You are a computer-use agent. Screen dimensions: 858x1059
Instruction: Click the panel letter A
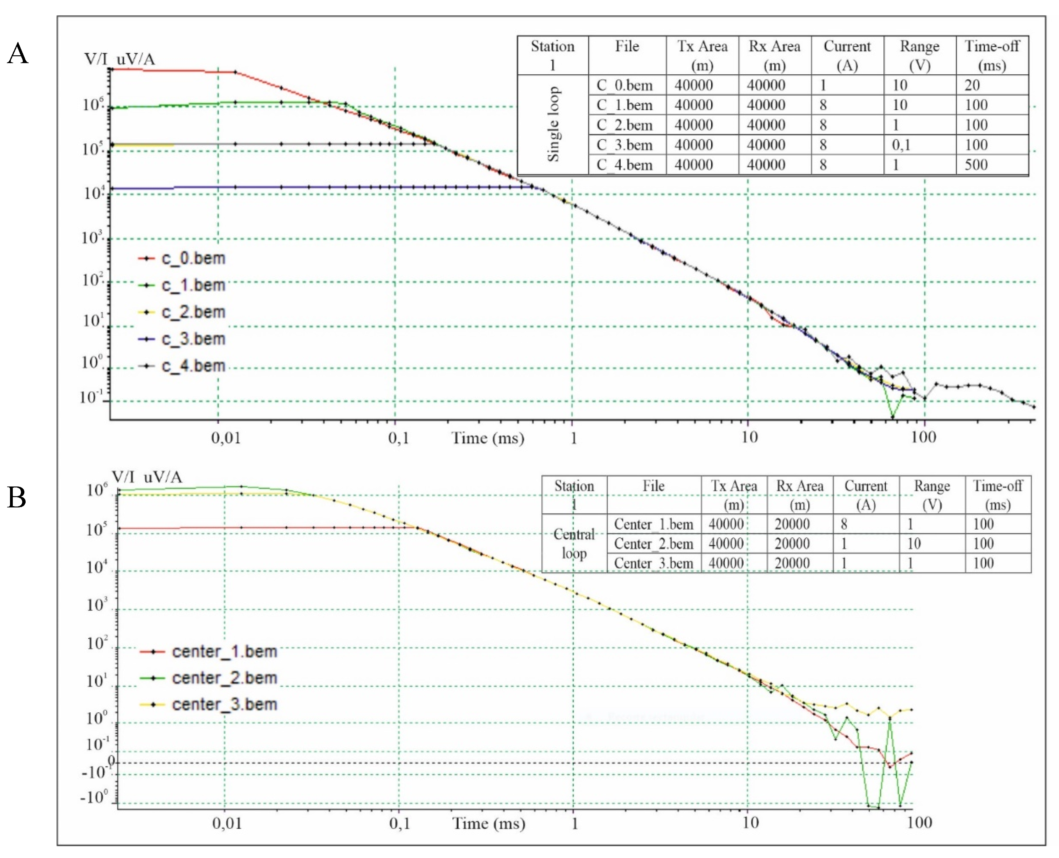tap(18, 53)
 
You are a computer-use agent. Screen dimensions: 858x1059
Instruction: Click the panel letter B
tap(17, 497)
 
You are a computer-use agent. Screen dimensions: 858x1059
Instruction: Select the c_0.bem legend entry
tap(193, 258)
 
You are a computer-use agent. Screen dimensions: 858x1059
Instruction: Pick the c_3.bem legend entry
tap(193, 339)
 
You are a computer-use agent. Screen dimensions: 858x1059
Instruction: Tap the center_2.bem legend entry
tap(224, 678)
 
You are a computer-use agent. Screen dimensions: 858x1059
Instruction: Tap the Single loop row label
tap(553, 125)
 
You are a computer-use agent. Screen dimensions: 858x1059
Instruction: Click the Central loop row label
tap(574, 544)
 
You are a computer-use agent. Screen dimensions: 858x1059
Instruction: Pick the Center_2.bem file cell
tap(653, 544)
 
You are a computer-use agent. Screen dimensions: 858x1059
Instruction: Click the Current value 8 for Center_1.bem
tap(844, 524)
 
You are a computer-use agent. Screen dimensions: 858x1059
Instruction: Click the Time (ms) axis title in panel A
tap(488, 438)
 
